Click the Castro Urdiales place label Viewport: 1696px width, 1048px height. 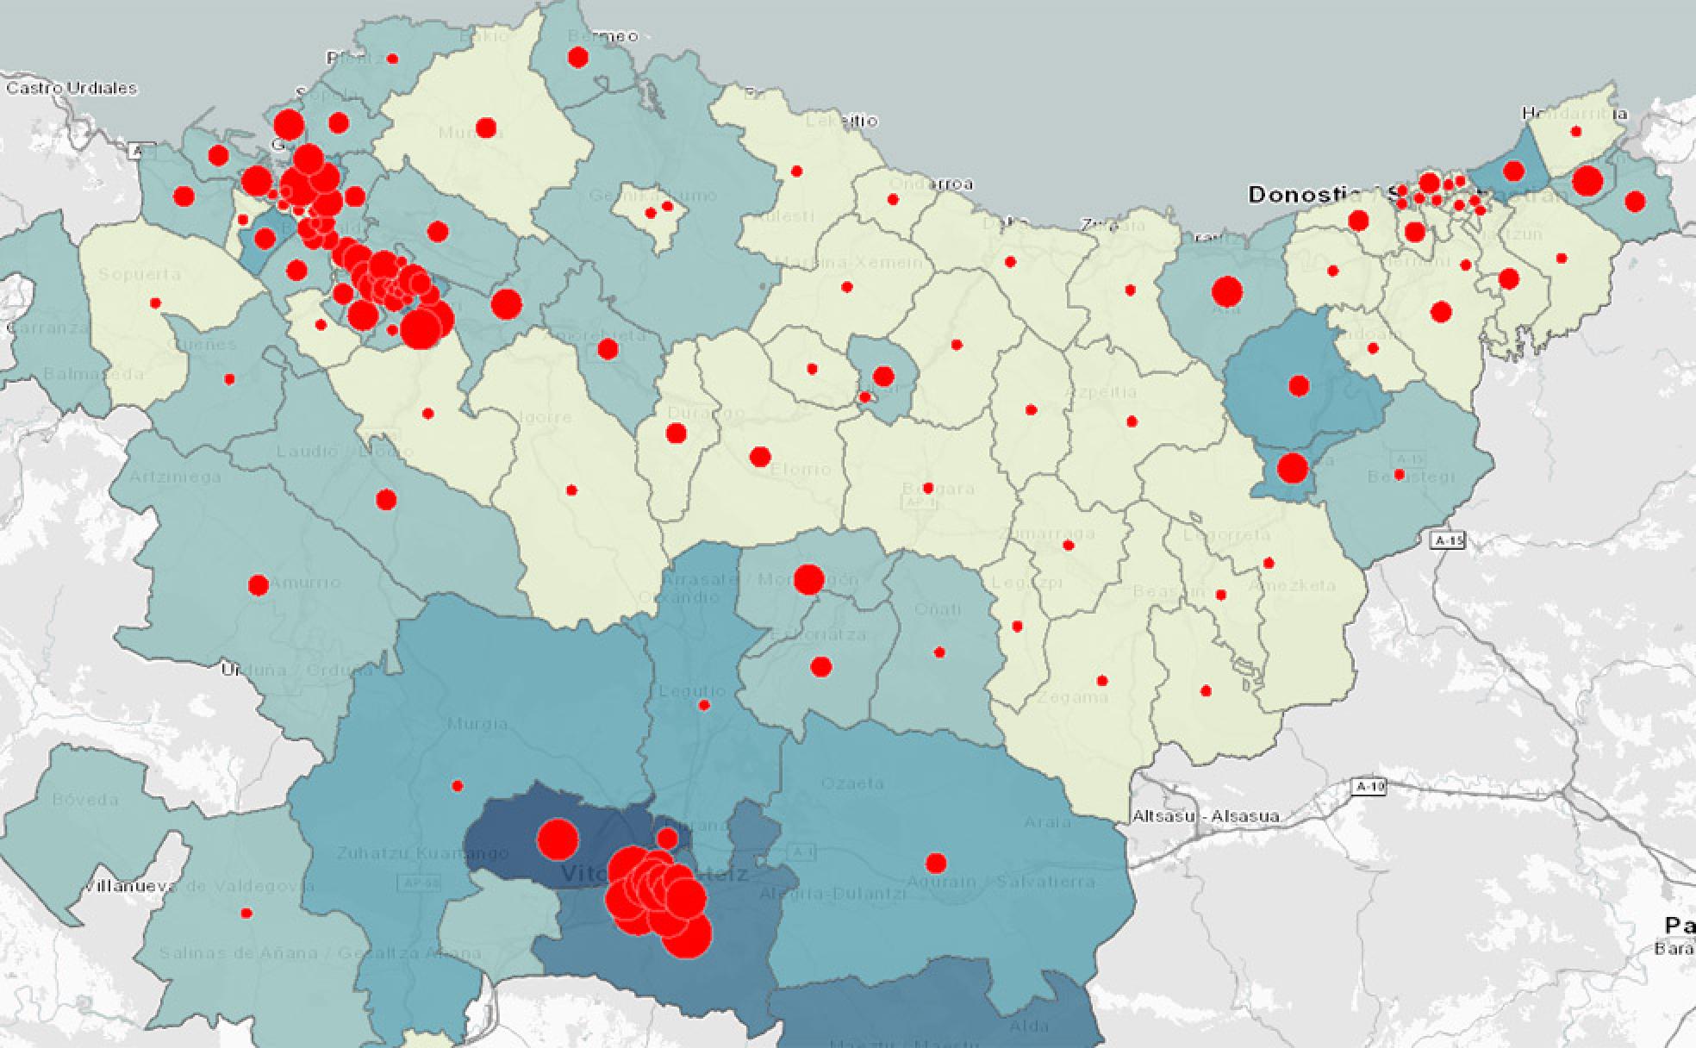[x=72, y=88]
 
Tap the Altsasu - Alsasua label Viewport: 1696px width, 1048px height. [x=1205, y=816]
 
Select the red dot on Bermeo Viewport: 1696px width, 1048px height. [x=578, y=58]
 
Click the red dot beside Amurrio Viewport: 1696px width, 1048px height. [x=258, y=586]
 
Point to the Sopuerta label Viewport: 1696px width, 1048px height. [x=140, y=275]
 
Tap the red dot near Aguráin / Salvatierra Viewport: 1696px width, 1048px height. [x=936, y=863]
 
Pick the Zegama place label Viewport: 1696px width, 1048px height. [x=1073, y=696]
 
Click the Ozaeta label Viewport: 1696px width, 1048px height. [x=852, y=783]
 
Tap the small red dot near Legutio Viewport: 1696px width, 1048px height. [x=704, y=706]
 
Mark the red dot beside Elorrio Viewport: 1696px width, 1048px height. [x=759, y=457]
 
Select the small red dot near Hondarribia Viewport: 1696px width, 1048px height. [x=1576, y=132]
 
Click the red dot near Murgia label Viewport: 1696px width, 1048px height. [x=458, y=786]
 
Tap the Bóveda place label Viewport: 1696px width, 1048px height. [x=85, y=799]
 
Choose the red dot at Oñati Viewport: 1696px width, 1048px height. [x=939, y=652]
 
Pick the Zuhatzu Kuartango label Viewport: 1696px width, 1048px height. [x=410, y=853]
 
